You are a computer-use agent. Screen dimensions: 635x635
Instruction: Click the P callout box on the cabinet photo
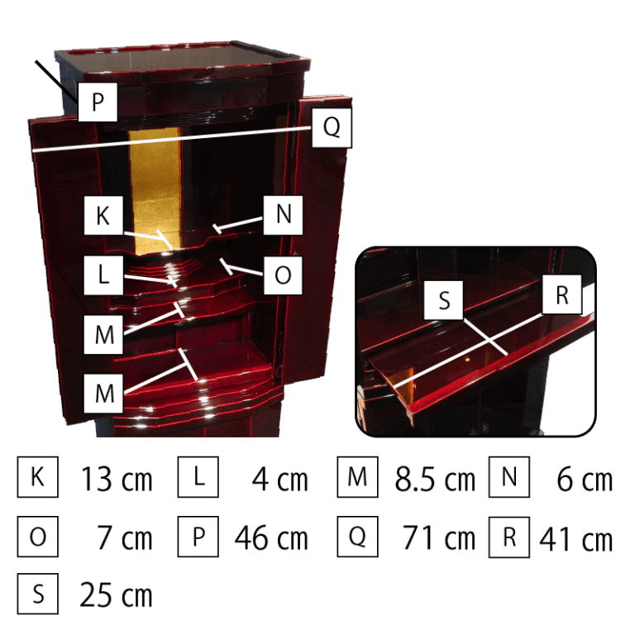point(98,102)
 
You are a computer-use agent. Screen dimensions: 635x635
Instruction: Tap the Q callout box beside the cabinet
point(332,127)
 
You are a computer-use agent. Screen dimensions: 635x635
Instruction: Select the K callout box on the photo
point(103,215)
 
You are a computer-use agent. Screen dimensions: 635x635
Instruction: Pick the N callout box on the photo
point(283,215)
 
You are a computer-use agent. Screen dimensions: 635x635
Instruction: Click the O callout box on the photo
point(283,275)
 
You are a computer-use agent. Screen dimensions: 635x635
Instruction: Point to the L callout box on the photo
point(103,275)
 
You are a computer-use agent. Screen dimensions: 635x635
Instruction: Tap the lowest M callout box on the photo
point(103,394)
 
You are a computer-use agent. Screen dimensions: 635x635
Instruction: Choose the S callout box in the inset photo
point(443,300)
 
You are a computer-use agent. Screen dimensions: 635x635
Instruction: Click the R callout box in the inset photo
point(561,294)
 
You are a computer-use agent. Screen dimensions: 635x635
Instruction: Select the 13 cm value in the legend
point(117,479)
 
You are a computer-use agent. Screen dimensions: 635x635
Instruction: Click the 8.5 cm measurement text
point(435,479)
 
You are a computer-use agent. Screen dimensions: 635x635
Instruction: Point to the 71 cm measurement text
point(438,537)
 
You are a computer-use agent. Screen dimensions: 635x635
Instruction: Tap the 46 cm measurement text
point(271,537)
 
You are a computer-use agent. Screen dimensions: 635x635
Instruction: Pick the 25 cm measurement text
point(116,595)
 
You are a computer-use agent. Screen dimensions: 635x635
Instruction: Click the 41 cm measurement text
point(575,538)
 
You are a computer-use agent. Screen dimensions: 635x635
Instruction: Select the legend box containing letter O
point(38,537)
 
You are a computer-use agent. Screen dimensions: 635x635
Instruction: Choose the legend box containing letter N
point(509,476)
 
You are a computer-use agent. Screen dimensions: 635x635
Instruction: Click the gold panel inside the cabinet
point(155,190)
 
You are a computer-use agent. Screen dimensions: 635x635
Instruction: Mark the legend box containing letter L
point(198,476)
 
